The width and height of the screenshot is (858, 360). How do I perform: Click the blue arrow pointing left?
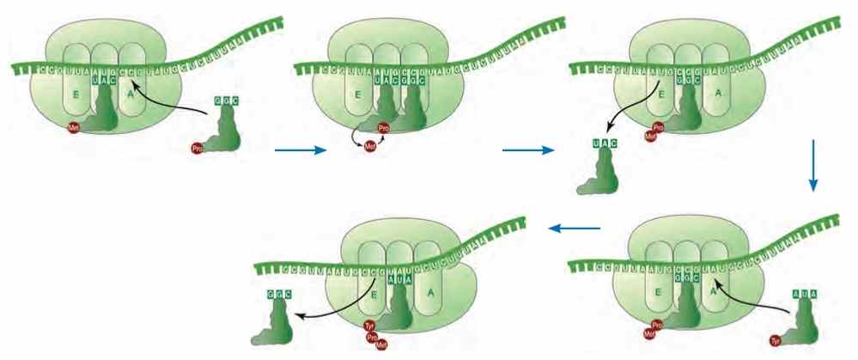click(x=575, y=229)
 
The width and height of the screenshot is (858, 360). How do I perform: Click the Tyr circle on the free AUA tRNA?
click(x=776, y=339)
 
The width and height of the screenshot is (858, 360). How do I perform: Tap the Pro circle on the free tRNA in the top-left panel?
click(x=198, y=149)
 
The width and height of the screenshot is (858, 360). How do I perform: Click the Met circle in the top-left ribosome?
click(x=75, y=129)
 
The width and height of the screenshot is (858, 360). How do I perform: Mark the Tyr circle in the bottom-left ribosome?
click(x=371, y=326)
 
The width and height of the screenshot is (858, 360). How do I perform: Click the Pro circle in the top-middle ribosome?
click(x=384, y=129)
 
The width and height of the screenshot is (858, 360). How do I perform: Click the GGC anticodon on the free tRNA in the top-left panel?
click(x=226, y=101)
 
